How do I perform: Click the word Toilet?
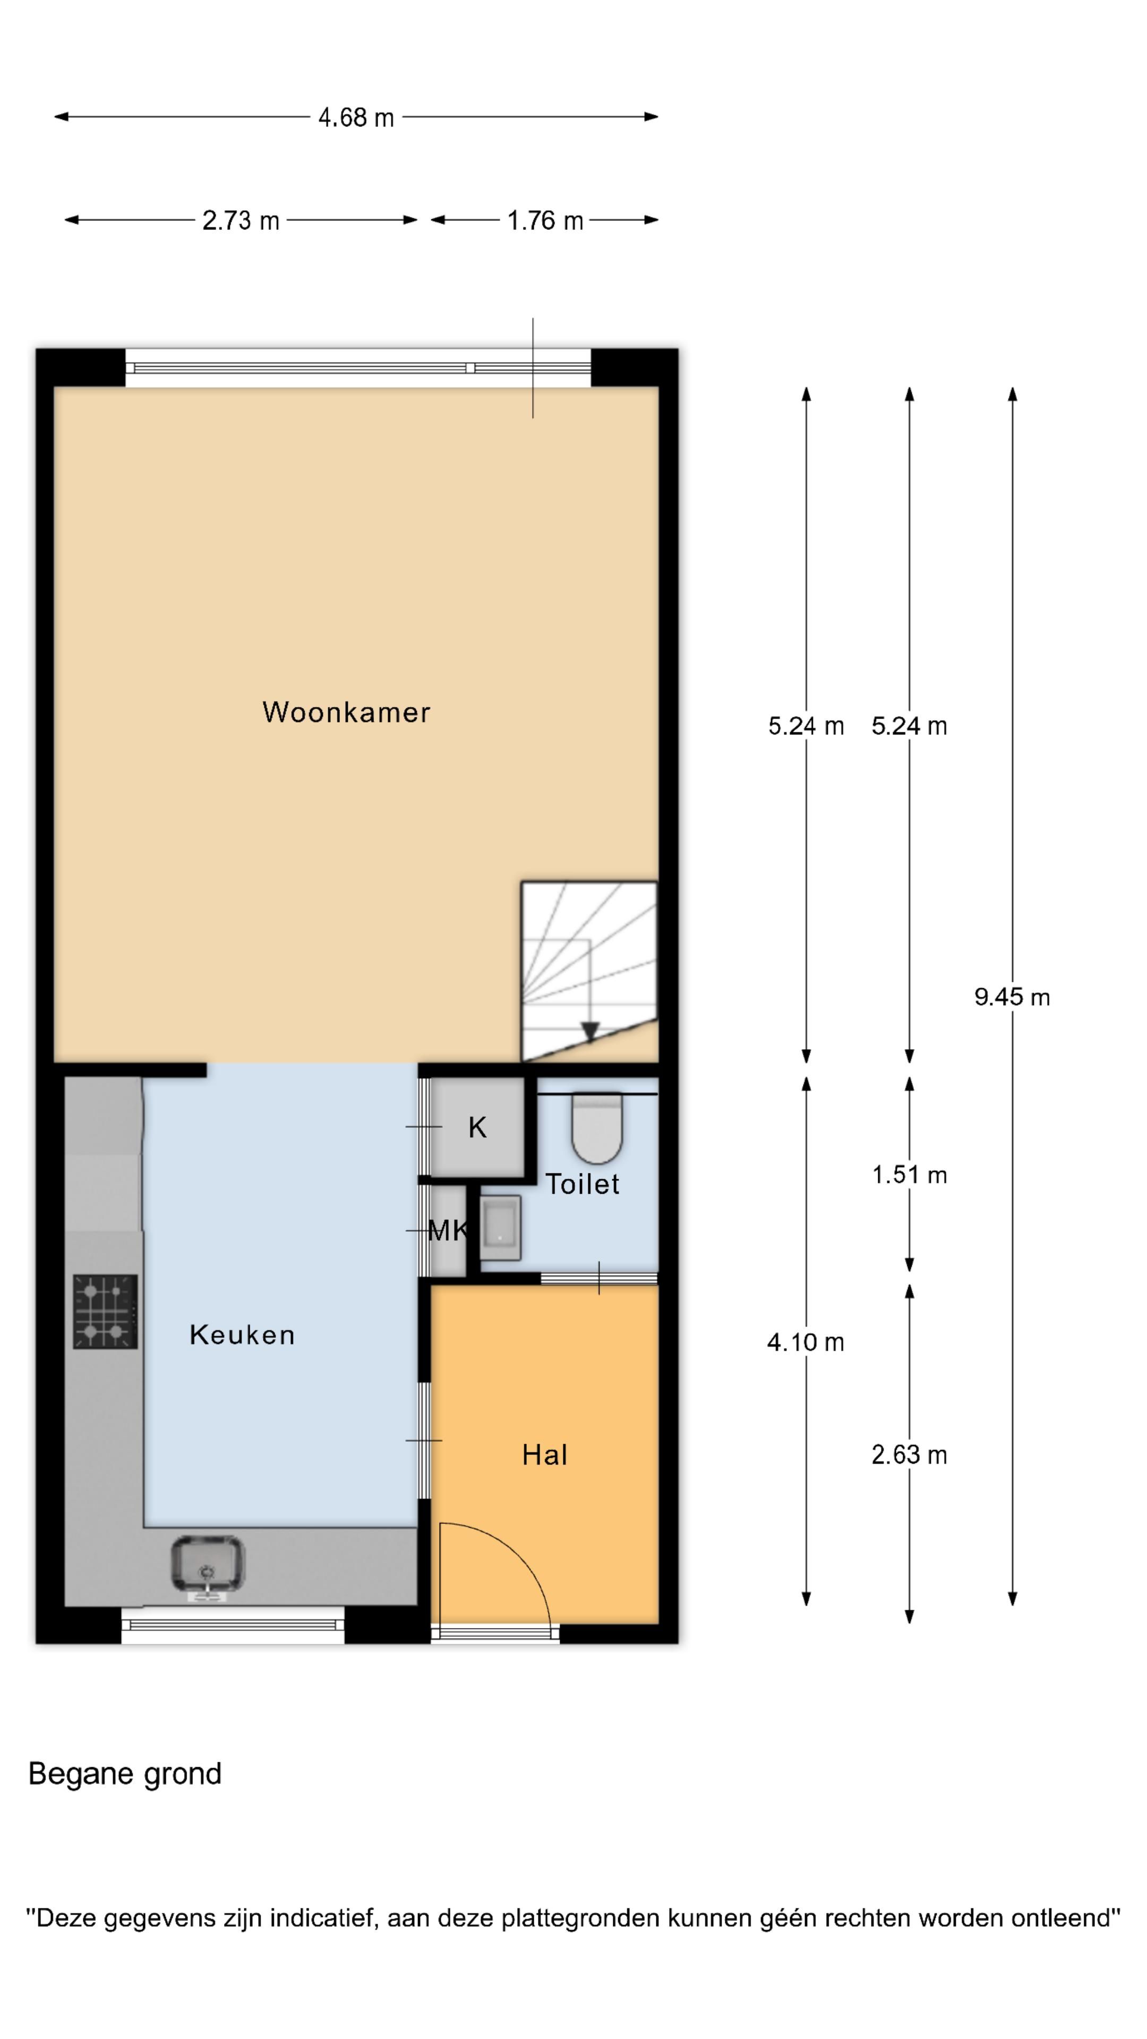click(x=582, y=1184)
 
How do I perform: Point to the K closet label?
click(x=476, y=1127)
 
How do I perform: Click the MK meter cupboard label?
click(x=447, y=1230)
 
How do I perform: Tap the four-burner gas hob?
click(x=105, y=1311)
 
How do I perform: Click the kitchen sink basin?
click(x=208, y=1563)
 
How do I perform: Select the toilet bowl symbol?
click(x=597, y=1128)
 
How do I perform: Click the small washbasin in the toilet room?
click(x=500, y=1228)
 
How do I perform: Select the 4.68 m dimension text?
click(x=355, y=117)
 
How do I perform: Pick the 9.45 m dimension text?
click(x=1012, y=997)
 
